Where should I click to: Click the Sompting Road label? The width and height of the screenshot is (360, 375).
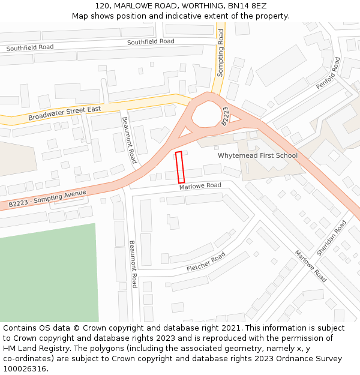point(220,53)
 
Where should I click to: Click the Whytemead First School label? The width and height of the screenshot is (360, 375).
point(257,155)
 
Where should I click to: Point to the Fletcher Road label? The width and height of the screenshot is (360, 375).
point(206,261)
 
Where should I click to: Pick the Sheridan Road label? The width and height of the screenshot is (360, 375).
point(331,239)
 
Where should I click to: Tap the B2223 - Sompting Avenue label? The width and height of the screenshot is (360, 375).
point(47,199)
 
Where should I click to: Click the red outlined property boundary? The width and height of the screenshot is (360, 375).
point(179,167)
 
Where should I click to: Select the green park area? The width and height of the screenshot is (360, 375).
point(48,276)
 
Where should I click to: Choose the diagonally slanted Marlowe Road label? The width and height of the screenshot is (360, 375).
point(310,266)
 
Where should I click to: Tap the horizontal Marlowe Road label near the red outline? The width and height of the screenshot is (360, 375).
point(200,187)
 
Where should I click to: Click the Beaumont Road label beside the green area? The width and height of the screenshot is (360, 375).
point(133,264)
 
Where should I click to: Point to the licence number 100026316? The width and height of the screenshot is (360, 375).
point(25,368)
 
